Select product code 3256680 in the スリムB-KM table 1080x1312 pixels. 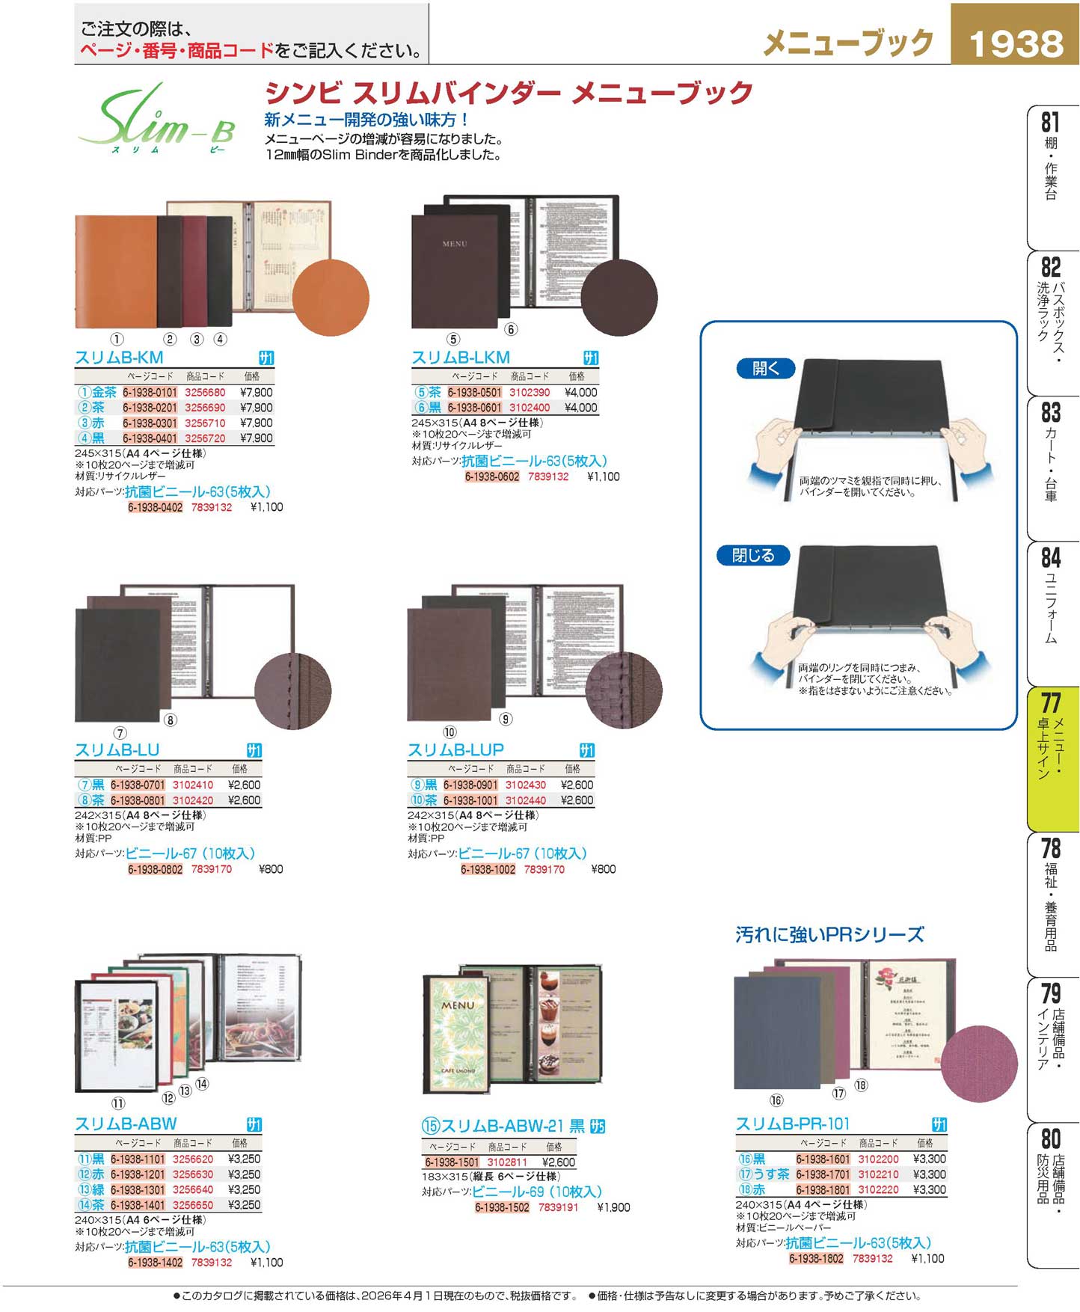[x=205, y=392]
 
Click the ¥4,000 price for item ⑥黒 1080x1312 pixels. [x=580, y=408]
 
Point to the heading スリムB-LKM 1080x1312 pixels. [x=461, y=358]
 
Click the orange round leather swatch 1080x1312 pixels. [x=330, y=298]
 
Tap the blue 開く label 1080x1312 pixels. [x=765, y=368]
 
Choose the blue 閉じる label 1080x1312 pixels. [x=752, y=555]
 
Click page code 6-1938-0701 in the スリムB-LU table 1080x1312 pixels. [x=138, y=785]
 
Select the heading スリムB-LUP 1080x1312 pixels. [x=455, y=750]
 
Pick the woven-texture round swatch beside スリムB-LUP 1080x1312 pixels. [x=623, y=690]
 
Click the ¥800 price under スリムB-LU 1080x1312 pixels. [x=271, y=869]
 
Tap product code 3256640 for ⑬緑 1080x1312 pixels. [x=193, y=1189]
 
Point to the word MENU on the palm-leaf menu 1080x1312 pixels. [x=457, y=1006]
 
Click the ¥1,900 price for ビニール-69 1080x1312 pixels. [x=613, y=1207]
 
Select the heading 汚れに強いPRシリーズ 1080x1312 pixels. [x=829, y=934]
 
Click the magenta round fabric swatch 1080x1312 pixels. [x=978, y=1063]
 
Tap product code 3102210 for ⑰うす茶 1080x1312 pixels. [x=878, y=1174]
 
